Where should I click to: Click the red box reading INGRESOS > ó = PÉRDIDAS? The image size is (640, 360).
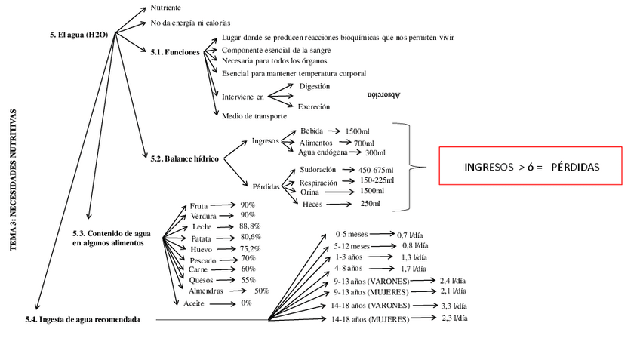click(x=531, y=166)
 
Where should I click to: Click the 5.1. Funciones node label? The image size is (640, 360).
click(x=175, y=52)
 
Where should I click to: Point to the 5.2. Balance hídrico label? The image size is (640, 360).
click(x=184, y=158)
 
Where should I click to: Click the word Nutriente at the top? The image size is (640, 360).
click(x=165, y=8)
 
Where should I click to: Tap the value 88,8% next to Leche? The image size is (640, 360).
click(x=250, y=226)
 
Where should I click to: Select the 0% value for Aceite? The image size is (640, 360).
click(x=246, y=303)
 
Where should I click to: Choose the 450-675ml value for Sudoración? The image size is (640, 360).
click(x=376, y=170)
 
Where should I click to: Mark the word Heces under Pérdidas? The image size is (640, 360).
click(x=312, y=204)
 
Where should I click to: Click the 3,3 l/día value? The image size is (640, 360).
click(x=451, y=306)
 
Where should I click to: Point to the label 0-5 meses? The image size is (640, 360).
click(x=352, y=235)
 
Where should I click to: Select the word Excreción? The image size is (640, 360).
click(x=314, y=106)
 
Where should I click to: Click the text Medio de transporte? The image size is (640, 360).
click(x=254, y=116)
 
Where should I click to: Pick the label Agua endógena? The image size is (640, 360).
click(x=324, y=152)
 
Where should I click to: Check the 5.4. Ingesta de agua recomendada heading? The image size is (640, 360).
click(x=82, y=320)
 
